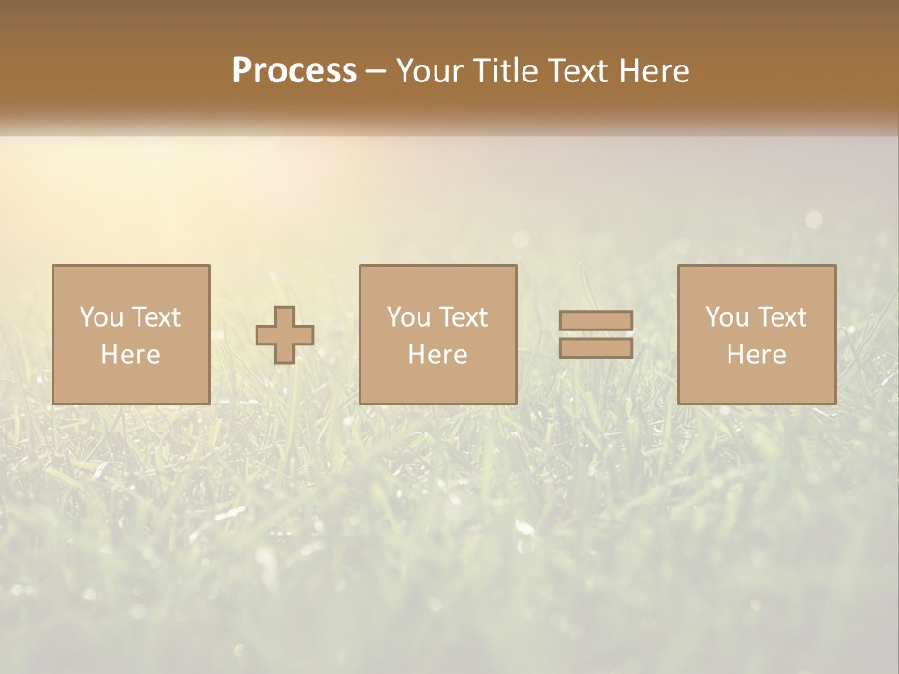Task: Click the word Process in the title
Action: coord(294,71)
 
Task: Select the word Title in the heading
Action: coord(505,71)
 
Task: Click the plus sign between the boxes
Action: coord(285,335)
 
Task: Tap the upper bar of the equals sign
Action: coord(596,321)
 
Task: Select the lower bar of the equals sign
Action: coord(596,348)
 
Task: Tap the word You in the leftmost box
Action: coord(101,317)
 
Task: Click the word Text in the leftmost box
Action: coord(155,317)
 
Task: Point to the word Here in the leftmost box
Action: coord(131,355)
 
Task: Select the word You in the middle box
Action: coord(408,317)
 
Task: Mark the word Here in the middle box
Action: coord(438,355)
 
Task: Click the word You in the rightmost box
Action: coord(727,317)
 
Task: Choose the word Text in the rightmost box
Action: coord(781,317)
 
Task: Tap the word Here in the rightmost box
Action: coord(757,355)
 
